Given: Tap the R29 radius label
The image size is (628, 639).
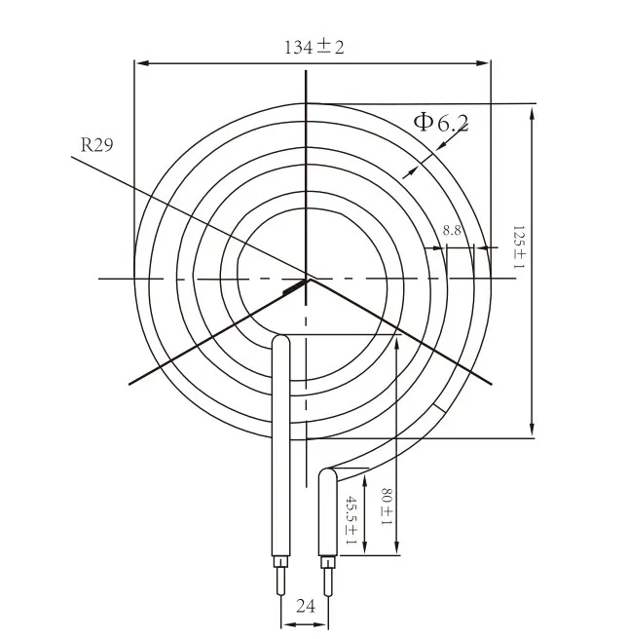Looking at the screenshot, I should pyautogui.click(x=96, y=146).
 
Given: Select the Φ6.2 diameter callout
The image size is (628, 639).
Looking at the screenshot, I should pyautogui.click(x=440, y=122).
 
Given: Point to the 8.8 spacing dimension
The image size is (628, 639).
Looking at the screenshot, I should pyautogui.click(x=452, y=230).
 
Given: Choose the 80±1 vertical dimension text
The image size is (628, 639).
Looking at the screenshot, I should pyautogui.click(x=386, y=507).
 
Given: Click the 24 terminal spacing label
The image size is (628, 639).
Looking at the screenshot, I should pyautogui.click(x=305, y=606).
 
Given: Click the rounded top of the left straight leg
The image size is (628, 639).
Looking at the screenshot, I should pyautogui.click(x=280, y=340).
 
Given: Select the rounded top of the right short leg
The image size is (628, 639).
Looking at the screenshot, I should pyautogui.click(x=328, y=474).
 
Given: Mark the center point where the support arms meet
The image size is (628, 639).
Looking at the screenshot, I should pyautogui.click(x=307, y=279).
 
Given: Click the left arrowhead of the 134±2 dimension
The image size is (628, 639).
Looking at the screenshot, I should pyautogui.click(x=140, y=63).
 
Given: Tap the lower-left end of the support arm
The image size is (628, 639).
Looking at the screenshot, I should pyautogui.click(x=129, y=382).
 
